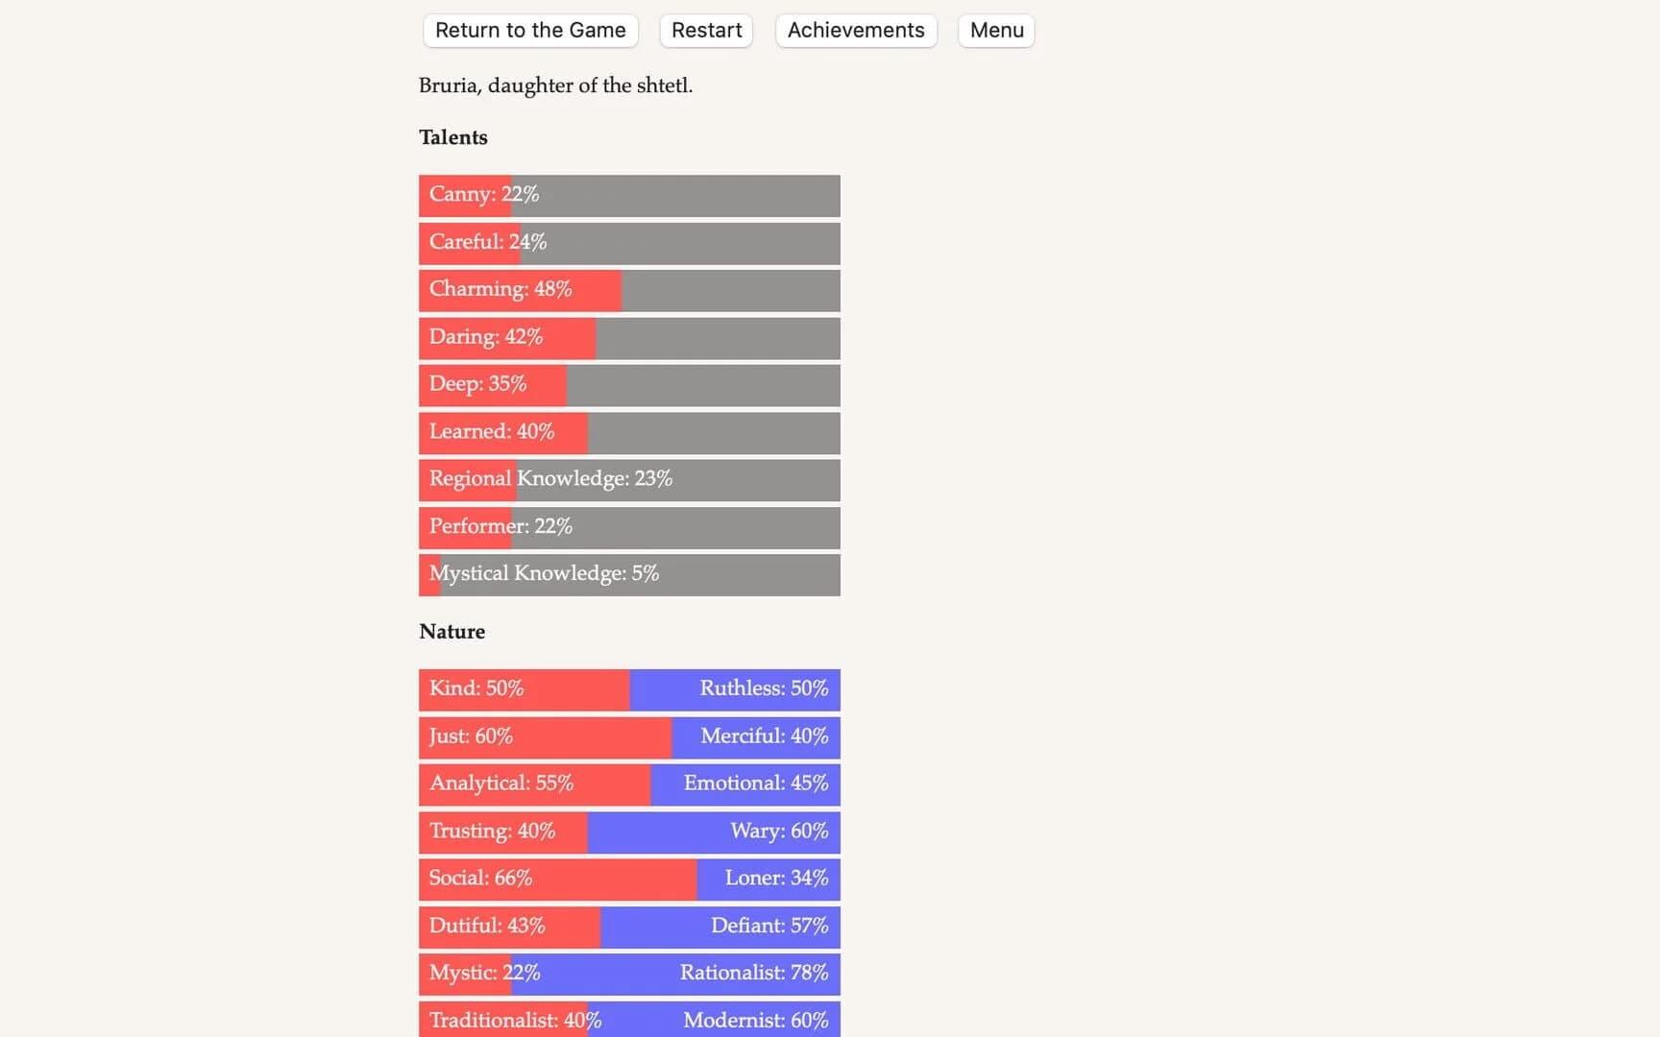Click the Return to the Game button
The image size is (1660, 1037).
click(x=530, y=31)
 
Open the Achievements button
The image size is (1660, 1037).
click(x=855, y=31)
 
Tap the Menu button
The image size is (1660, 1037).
click(x=996, y=31)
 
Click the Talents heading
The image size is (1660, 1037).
click(x=453, y=137)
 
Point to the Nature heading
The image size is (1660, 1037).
click(x=452, y=632)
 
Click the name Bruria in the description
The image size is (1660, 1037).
click(x=448, y=85)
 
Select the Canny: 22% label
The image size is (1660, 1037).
click(x=484, y=194)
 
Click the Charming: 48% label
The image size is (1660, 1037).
click(x=500, y=289)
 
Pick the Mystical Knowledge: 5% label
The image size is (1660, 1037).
click(x=544, y=573)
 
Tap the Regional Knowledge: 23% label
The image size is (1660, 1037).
click(x=550, y=478)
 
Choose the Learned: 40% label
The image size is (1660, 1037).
click(x=492, y=431)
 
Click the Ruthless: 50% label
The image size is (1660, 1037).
click(x=764, y=688)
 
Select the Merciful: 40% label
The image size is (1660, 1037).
click(x=764, y=736)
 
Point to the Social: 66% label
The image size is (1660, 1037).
click(x=480, y=878)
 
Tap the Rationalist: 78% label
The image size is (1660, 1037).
click(x=754, y=973)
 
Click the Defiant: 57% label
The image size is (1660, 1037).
click(x=769, y=926)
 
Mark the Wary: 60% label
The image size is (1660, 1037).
click(x=779, y=831)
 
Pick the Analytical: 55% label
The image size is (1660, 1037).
click(x=501, y=784)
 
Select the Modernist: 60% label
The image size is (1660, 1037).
click(x=756, y=1020)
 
